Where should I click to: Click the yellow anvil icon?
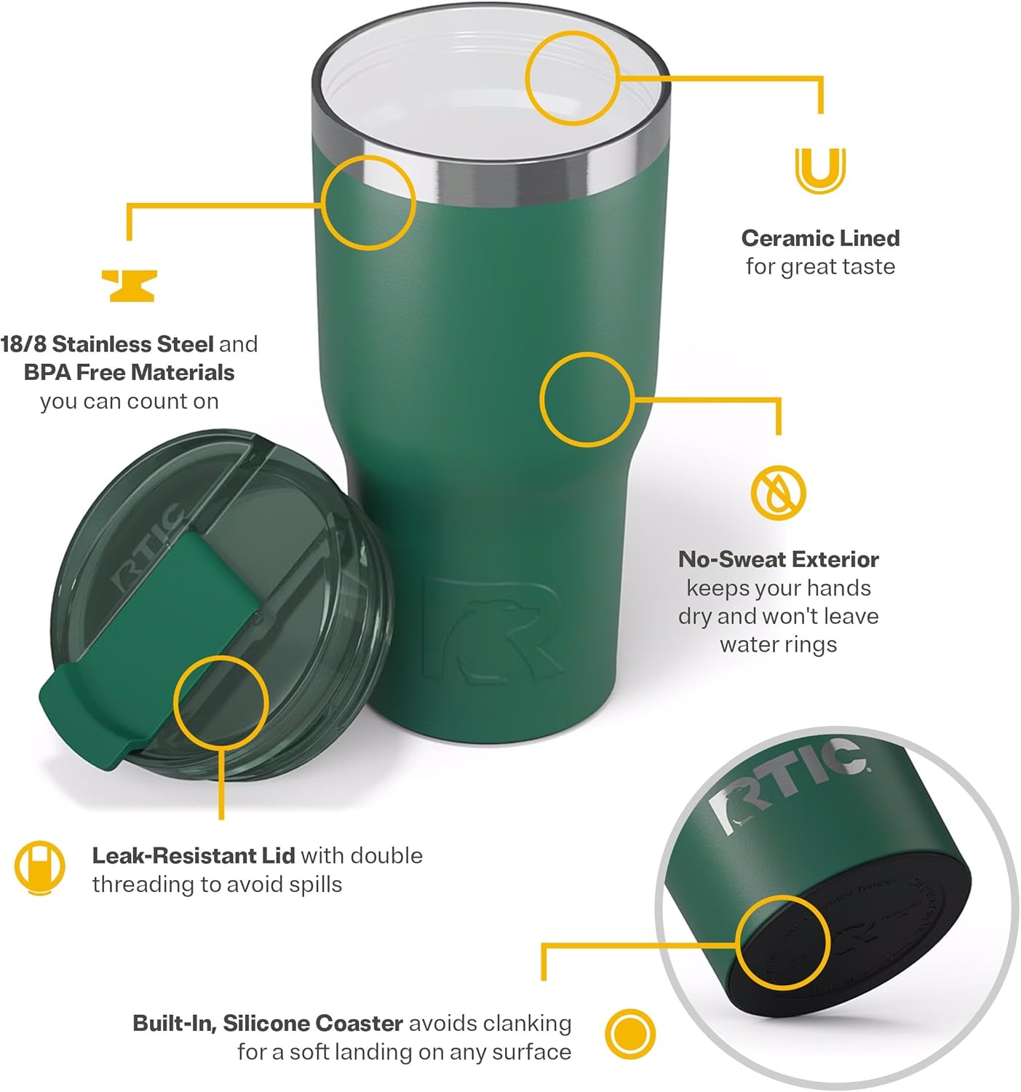pyautogui.click(x=129, y=285)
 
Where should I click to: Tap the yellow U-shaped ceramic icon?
pyautogui.click(x=820, y=170)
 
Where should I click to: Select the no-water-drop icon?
pyautogui.click(x=778, y=492)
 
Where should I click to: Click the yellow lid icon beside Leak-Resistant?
pyautogui.click(x=39, y=868)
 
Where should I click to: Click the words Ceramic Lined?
pyautogui.click(x=820, y=238)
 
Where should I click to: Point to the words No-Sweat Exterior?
pyautogui.click(x=778, y=559)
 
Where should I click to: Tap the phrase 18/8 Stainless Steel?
pyautogui.click(x=107, y=344)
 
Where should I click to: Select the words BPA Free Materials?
pyautogui.click(x=129, y=373)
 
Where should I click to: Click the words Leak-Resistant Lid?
pyautogui.click(x=193, y=855)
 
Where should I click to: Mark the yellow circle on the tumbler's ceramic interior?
pyautogui.click(x=572, y=77)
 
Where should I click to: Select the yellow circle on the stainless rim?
pyautogui.click(x=368, y=202)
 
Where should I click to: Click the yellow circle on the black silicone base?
pyautogui.click(x=782, y=943)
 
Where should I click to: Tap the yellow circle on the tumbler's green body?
pyautogui.click(x=587, y=400)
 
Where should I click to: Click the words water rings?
pyautogui.click(x=778, y=645)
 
